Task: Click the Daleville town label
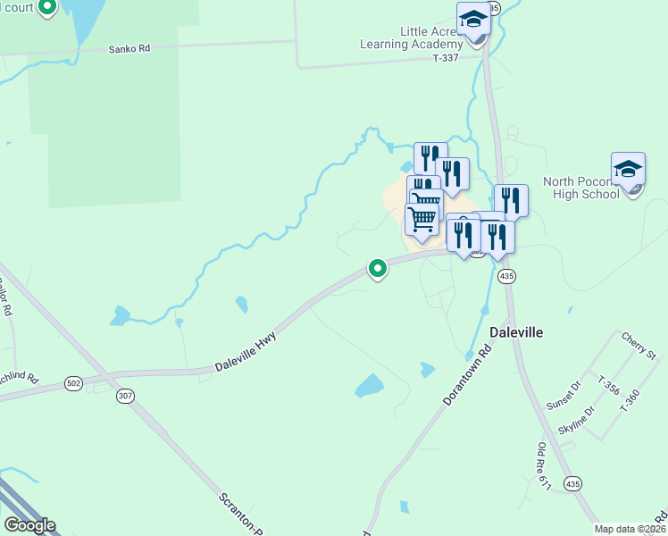click(517, 331)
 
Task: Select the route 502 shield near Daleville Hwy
click(74, 383)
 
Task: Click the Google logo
click(29, 525)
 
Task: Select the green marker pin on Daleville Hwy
click(378, 268)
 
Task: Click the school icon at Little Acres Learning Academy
click(473, 19)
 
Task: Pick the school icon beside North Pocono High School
click(628, 169)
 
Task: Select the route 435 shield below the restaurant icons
click(507, 276)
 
